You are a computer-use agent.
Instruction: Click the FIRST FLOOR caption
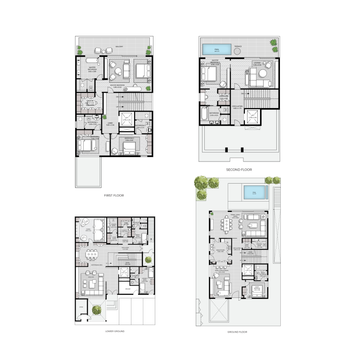coord(113,196)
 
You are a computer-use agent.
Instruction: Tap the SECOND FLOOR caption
coord(239,170)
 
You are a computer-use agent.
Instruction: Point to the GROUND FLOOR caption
coord(238,332)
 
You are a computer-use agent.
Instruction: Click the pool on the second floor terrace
coord(217,49)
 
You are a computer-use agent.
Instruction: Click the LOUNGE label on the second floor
coord(257,63)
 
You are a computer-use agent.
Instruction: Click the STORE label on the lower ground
coord(81,308)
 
